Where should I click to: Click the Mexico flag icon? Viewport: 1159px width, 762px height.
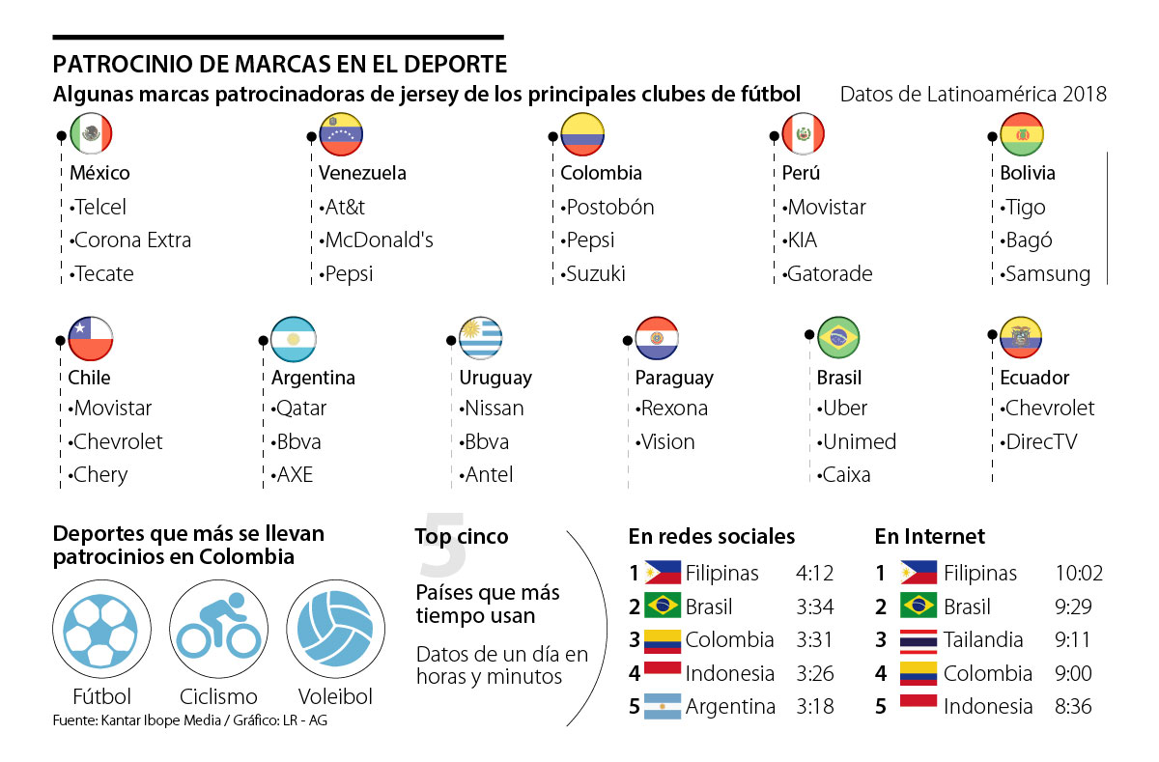click(x=92, y=133)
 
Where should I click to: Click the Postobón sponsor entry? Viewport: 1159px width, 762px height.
click(x=609, y=208)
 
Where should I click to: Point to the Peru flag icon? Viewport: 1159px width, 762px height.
click(x=803, y=133)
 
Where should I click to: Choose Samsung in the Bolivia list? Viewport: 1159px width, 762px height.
click(x=1048, y=274)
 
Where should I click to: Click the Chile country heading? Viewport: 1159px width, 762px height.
click(x=89, y=378)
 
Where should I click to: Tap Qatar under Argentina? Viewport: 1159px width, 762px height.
click(x=301, y=409)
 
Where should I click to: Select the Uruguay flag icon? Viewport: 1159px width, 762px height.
click(x=480, y=338)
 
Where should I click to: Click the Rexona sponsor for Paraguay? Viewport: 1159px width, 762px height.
click(x=673, y=409)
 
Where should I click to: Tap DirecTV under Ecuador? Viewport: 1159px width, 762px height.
click(x=1042, y=442)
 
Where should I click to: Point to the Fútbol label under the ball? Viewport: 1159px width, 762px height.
click(x=101, y=696)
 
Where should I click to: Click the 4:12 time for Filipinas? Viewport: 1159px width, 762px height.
click(x=815, y=574)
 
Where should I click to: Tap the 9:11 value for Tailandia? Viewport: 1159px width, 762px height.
click(x=1073, y=640)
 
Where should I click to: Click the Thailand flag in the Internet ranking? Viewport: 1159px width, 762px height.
click(x=918, y=639)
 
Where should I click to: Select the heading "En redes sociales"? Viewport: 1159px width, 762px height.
click(x=712, y=536)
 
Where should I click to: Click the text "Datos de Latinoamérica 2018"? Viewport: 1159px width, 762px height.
click(x=973, y=95)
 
